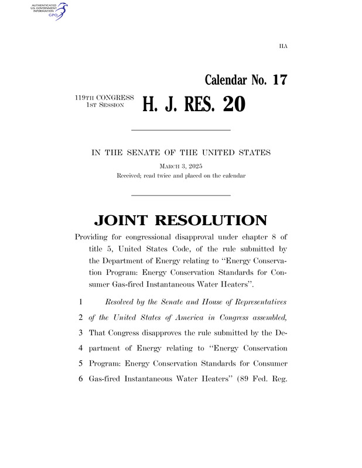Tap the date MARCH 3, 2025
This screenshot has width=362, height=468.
180,166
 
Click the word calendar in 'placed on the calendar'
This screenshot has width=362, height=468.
233,175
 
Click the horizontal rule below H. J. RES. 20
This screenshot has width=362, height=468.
180,129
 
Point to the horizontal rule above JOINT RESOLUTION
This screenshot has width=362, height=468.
180,195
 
